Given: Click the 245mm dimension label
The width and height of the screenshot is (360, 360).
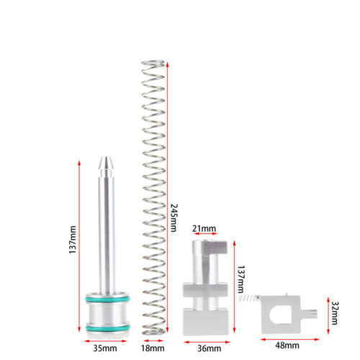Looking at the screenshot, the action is click(174, 217).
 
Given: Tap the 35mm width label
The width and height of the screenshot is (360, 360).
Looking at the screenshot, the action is click(105, 348).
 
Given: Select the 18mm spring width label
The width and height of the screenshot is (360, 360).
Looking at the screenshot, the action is click(153, 348).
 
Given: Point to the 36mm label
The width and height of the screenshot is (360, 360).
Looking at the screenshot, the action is click(210, 348).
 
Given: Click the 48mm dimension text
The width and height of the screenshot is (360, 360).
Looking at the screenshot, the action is click(287, 346).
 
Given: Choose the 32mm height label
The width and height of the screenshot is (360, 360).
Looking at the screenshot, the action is click(334, 313).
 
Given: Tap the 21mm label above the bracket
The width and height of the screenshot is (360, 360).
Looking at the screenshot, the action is click(204, 229).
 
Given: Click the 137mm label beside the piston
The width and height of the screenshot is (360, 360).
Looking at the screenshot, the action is click(73, 240).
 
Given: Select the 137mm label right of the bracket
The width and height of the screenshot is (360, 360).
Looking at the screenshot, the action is click(240, 279).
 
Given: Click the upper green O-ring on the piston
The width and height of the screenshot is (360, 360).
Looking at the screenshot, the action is click(107, 299).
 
